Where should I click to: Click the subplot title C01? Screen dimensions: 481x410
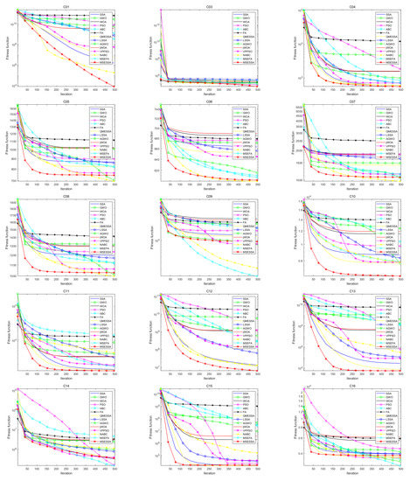pos(65,3)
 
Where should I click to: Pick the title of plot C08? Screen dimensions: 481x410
pos(65,196)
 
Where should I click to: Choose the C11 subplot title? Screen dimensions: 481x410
pos(65,292)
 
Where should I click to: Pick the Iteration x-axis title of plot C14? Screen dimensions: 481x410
pos(66,478)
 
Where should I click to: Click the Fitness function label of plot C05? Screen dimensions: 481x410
pos(4,140)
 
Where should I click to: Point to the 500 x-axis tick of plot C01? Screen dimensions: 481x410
pos(115,88)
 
